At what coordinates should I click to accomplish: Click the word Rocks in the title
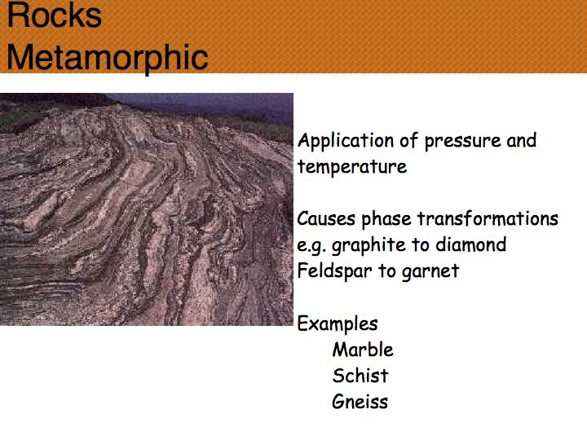pos(55,15)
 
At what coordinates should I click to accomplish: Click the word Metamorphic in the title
pos(108,58)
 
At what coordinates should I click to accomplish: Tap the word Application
pos(345,142)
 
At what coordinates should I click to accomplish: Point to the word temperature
pos(352,167)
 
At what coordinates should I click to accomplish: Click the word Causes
pos(325,218)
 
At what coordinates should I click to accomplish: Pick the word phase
pos(386,220)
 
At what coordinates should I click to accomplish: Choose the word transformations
pos(488,218)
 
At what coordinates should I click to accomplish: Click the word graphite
pos(369,246)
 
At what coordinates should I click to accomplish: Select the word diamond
pos(470,244)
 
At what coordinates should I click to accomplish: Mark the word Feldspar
pos(334,271)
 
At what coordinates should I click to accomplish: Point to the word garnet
pos(430,272)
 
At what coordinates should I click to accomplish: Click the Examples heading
pos(338,324)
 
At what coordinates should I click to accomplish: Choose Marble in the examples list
pos(363,350)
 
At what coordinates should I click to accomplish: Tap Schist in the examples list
pos(360,376)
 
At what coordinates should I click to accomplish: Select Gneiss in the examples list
pos(360,402)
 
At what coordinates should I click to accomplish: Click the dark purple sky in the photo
pos(210,103)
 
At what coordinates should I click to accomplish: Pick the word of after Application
pos(408,141)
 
